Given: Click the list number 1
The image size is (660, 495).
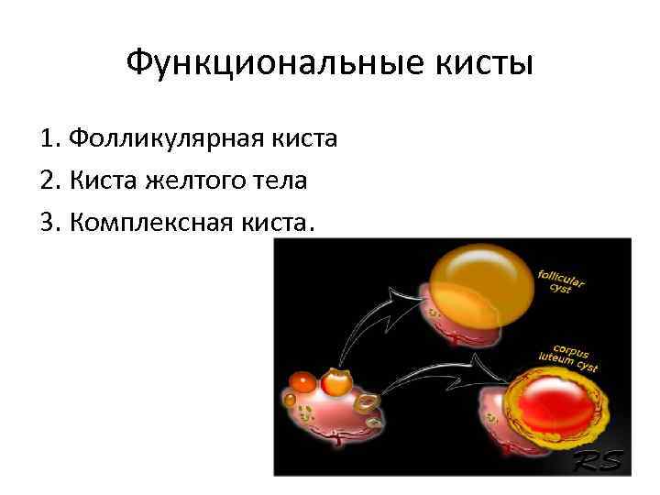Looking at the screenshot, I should [48, 139].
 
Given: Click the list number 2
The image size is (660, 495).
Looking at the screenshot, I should [48, 181].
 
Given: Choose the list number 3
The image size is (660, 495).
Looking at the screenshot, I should [48, 223].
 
